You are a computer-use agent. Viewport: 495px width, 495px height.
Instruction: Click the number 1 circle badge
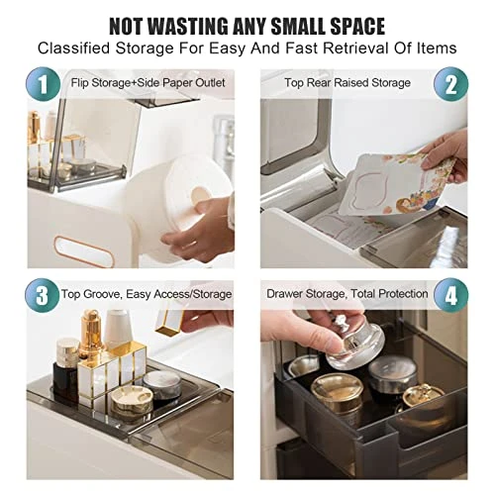44,84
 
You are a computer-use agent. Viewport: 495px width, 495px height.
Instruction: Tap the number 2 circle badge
450,84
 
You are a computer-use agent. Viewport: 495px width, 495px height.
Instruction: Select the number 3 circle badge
43,295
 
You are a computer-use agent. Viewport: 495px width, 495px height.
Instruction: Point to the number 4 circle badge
450,295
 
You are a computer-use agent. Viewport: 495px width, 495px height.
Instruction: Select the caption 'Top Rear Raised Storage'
347,82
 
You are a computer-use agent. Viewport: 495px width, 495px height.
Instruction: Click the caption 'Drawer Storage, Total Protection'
347,293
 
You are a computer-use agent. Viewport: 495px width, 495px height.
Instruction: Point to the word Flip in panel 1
79,82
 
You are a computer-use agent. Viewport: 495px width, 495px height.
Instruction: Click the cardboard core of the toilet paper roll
200,195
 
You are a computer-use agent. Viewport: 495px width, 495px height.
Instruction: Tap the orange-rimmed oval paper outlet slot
84,251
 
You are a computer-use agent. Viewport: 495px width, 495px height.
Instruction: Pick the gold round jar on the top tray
132,402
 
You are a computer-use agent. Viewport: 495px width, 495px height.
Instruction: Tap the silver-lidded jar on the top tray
162,387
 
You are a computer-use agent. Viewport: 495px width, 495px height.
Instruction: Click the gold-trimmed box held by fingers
169,322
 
